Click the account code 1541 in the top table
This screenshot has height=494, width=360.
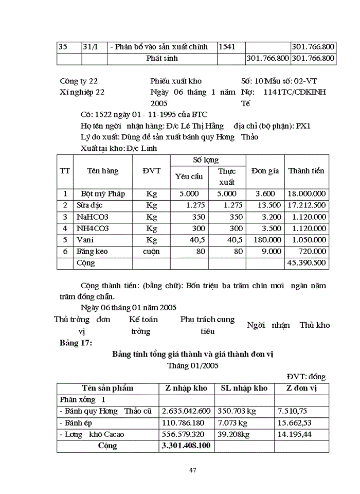point(227,47)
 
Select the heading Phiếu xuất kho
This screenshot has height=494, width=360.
point(176,81)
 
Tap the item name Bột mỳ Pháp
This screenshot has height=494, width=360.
point(103,194)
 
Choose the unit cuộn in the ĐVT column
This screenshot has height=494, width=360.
point(151,252)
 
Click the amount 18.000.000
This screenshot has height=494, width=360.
point(307,194)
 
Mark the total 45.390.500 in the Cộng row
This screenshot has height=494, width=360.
point(307,263)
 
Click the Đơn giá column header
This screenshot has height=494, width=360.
point(265,171)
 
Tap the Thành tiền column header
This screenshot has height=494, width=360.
point(307,171)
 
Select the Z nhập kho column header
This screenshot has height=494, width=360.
point(186,388)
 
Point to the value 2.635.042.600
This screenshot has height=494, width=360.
point(186,411)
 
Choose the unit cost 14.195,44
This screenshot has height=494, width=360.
point(295,434)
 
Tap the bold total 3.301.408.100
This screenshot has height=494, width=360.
point(186,446)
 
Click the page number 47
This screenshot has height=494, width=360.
point(193,470)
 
